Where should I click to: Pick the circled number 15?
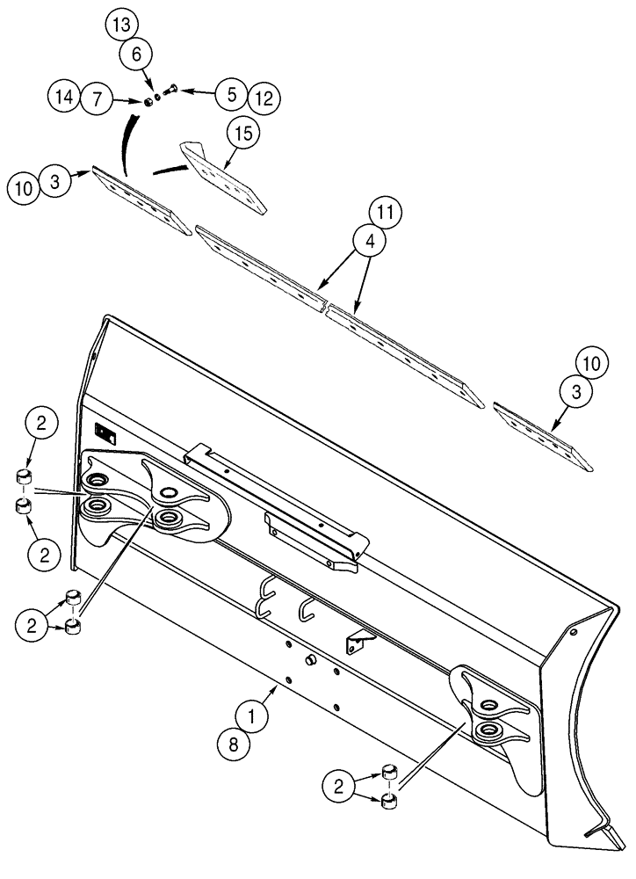[242, 134]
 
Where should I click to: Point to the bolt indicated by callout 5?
[170, 89]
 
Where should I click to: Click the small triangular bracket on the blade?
[357, 641]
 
